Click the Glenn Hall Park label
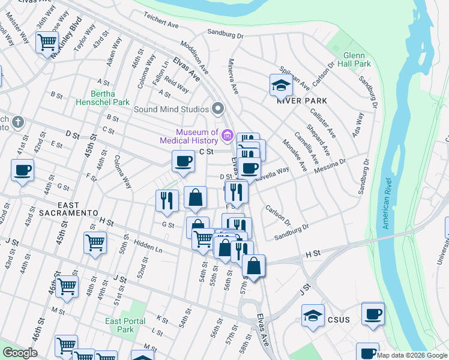[x=354, y=59]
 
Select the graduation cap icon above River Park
[x=280, y=85]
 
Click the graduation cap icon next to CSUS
[x=313, y=316]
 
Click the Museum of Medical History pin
[x=228, y=136]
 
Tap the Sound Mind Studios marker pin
[x=218, y=109]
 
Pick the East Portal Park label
[x=125, y=325]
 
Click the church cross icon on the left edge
[x=19, y=122]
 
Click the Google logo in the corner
[x=20, y=353]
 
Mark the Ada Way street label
[x=360, y=124]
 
